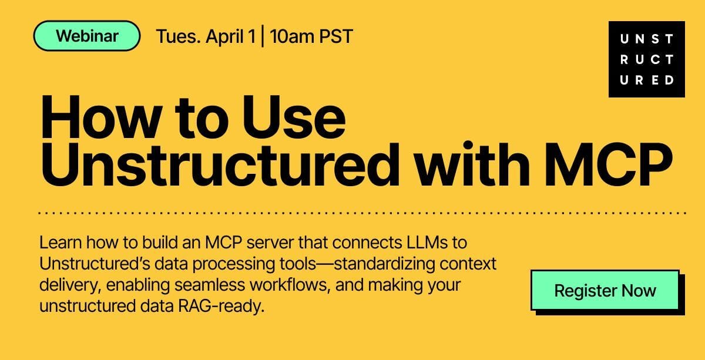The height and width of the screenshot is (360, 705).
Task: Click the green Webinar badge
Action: click(86, 36)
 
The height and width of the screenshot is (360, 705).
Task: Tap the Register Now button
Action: click(605, 290)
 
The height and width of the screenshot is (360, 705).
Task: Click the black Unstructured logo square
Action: click(647, 59)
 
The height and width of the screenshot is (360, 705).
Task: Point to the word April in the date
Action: click(224, 36)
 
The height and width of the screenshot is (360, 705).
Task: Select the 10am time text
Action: click(291, 36)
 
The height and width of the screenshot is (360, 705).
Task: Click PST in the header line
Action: click(336, 36)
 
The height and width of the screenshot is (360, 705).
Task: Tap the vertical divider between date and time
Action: click(263, 36)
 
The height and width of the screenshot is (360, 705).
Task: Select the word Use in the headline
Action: click(294, 117)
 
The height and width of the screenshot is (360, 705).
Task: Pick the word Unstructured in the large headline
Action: click(220, 164)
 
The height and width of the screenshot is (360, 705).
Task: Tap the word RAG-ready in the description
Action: click(221, 306)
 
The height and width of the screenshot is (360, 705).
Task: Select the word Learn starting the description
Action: click(61, 243)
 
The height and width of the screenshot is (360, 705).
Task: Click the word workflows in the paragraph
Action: click(290, 285)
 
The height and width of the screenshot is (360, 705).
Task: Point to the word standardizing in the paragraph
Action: click(384, 264)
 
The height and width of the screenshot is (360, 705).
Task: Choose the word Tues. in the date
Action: click(178, 36)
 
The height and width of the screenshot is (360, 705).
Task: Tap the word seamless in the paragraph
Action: click(210, 285)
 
